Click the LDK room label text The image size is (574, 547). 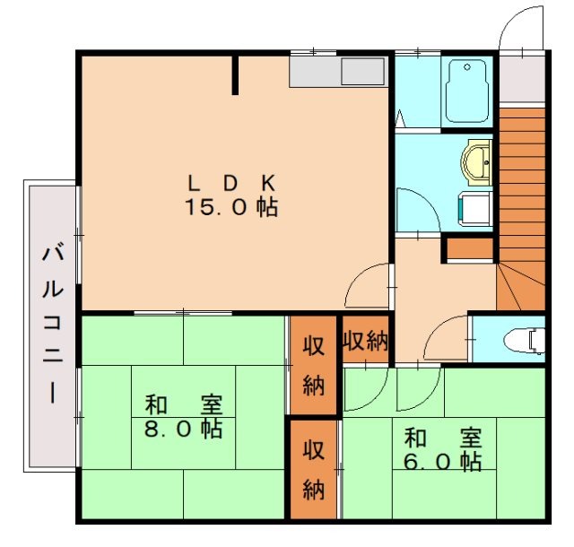click(230, 183)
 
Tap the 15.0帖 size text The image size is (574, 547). click(230, 208)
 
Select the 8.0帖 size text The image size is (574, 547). click(183, 429)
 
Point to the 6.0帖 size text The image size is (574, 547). click(442, 462)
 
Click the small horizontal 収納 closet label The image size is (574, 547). click(364, 341)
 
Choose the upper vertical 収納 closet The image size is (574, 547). click(312, 365)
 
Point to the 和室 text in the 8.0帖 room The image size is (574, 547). click(183, 403)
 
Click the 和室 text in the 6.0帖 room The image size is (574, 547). click(442, 438)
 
